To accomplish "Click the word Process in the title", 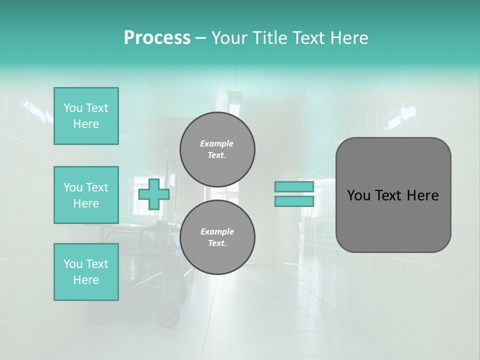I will (x=157, y=38).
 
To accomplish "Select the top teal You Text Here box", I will (x=86, y=116).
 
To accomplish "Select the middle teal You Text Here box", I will (x=86, y=195).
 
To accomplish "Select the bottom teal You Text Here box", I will (x=86, y=272).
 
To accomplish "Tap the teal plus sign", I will (x=154, y=194).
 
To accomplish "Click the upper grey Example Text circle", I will (x=217, y=149).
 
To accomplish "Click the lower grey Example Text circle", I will (x=217, y=237).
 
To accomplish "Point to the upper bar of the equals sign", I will (x=294, y=187).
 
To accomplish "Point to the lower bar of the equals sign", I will (x=294, y=201).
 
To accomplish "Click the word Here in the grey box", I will (x=423, y=195).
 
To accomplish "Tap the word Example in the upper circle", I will (x=217, y=143).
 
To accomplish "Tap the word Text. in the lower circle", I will (x=217, y=243).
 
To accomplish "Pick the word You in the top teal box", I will (x=72, y=108).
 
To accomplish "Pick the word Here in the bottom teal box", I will (x=86, y=280).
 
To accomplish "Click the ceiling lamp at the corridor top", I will (x=234, y=94).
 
